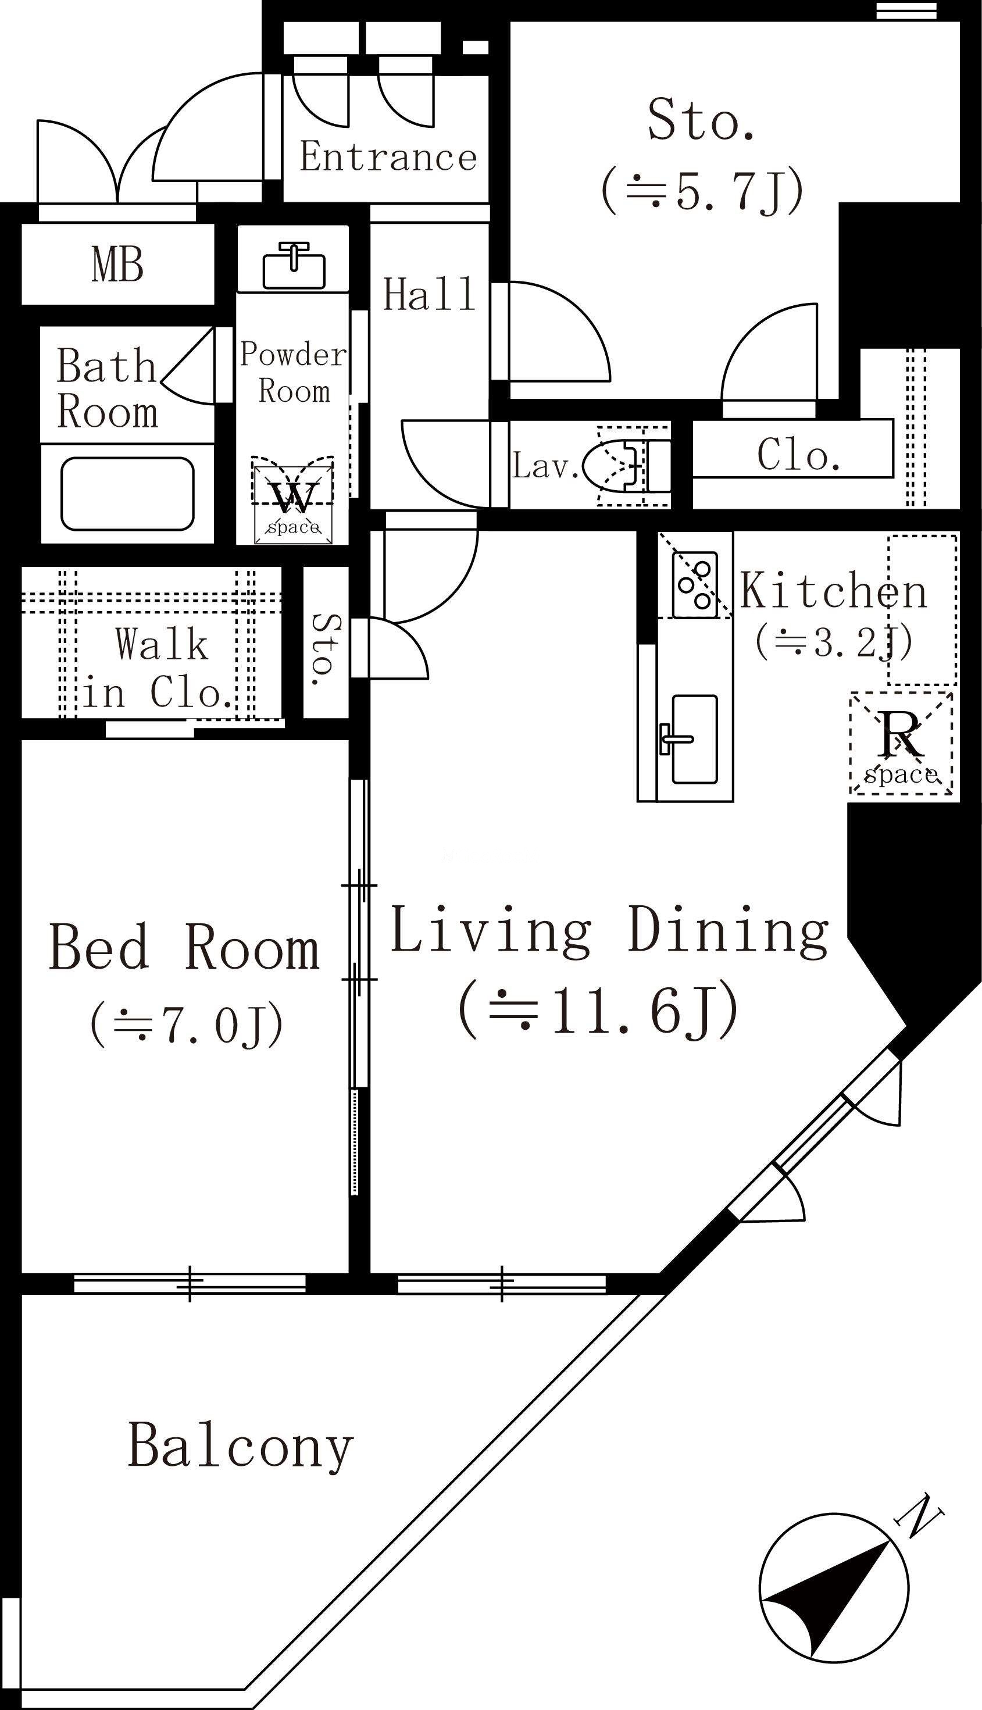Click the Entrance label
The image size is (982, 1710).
388,157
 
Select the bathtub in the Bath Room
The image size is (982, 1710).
127,494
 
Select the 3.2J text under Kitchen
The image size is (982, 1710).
834,642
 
